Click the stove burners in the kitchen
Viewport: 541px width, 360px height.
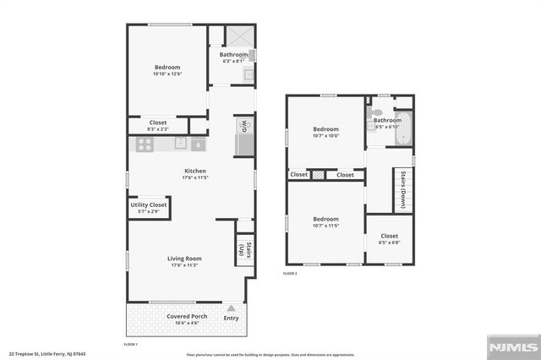143,145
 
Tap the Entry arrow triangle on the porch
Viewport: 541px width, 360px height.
231,308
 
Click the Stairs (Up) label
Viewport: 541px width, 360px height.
244,250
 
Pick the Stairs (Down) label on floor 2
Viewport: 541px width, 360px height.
403,190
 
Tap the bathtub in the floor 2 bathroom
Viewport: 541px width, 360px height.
403,129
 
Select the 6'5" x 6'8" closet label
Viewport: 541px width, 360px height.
390,239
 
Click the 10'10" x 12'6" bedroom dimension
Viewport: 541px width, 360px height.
167,74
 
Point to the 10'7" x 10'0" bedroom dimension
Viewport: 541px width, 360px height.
325,135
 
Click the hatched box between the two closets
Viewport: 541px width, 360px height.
319,175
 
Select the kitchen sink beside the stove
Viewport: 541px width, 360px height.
197,145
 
